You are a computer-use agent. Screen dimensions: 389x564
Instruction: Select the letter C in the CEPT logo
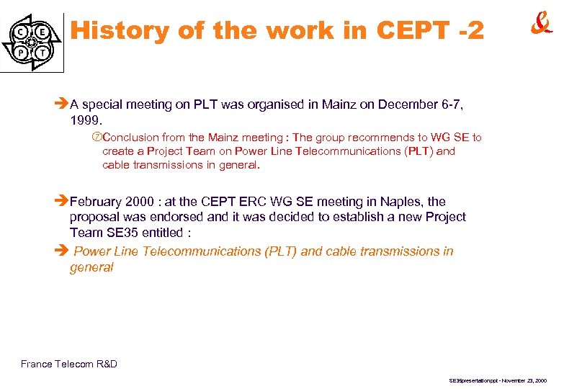pos(22,32)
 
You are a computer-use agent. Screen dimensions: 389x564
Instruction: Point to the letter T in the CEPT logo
pos(43,53)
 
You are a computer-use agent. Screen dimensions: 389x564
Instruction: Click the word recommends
pos(385,138)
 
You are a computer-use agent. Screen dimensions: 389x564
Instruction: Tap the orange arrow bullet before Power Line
pos(63,251)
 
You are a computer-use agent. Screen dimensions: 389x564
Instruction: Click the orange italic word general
pos(91,267)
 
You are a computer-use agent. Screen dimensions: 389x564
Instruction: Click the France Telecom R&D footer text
pos(69,364)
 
